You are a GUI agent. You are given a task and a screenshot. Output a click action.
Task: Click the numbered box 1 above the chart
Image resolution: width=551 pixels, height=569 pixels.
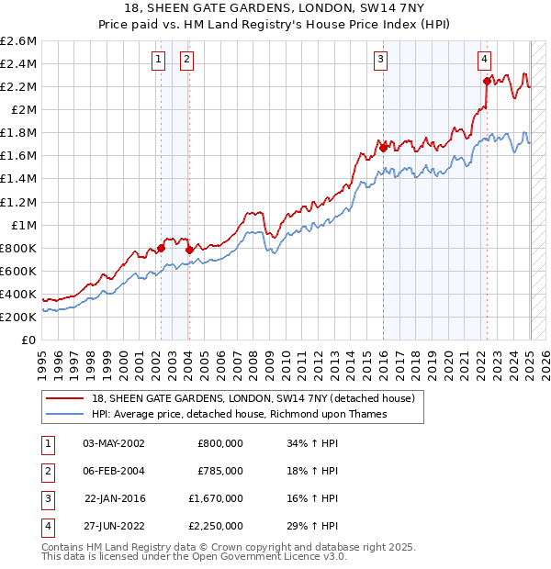pyautogui.click(x=159, y=60)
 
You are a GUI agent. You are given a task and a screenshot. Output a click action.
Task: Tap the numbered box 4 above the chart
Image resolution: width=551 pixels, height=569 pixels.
pyautogui.click(x=484, y=60)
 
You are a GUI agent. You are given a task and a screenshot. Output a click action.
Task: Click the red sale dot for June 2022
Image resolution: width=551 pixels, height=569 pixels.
pyautogui.click(x=487, y=81)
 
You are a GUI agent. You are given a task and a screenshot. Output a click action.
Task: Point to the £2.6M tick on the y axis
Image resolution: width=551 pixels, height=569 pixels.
pyautogui.click(x=18, y=41)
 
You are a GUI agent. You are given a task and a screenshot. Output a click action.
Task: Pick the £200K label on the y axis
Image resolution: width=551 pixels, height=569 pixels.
pyautogui.click(x=18, y=317)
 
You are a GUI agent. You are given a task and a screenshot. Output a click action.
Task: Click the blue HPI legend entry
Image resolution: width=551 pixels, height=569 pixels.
pyautogui.click(x=240, y=414)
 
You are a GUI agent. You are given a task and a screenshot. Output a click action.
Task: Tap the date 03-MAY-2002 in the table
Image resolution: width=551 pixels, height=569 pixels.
pyautogui.click(x=114, y=443)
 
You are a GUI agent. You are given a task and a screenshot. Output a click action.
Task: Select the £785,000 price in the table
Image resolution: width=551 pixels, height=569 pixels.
pyautogui.click(x=219, y=471)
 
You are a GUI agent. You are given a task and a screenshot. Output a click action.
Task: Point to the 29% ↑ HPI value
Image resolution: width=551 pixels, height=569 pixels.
pyautogui.click(x=312, y=526)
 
